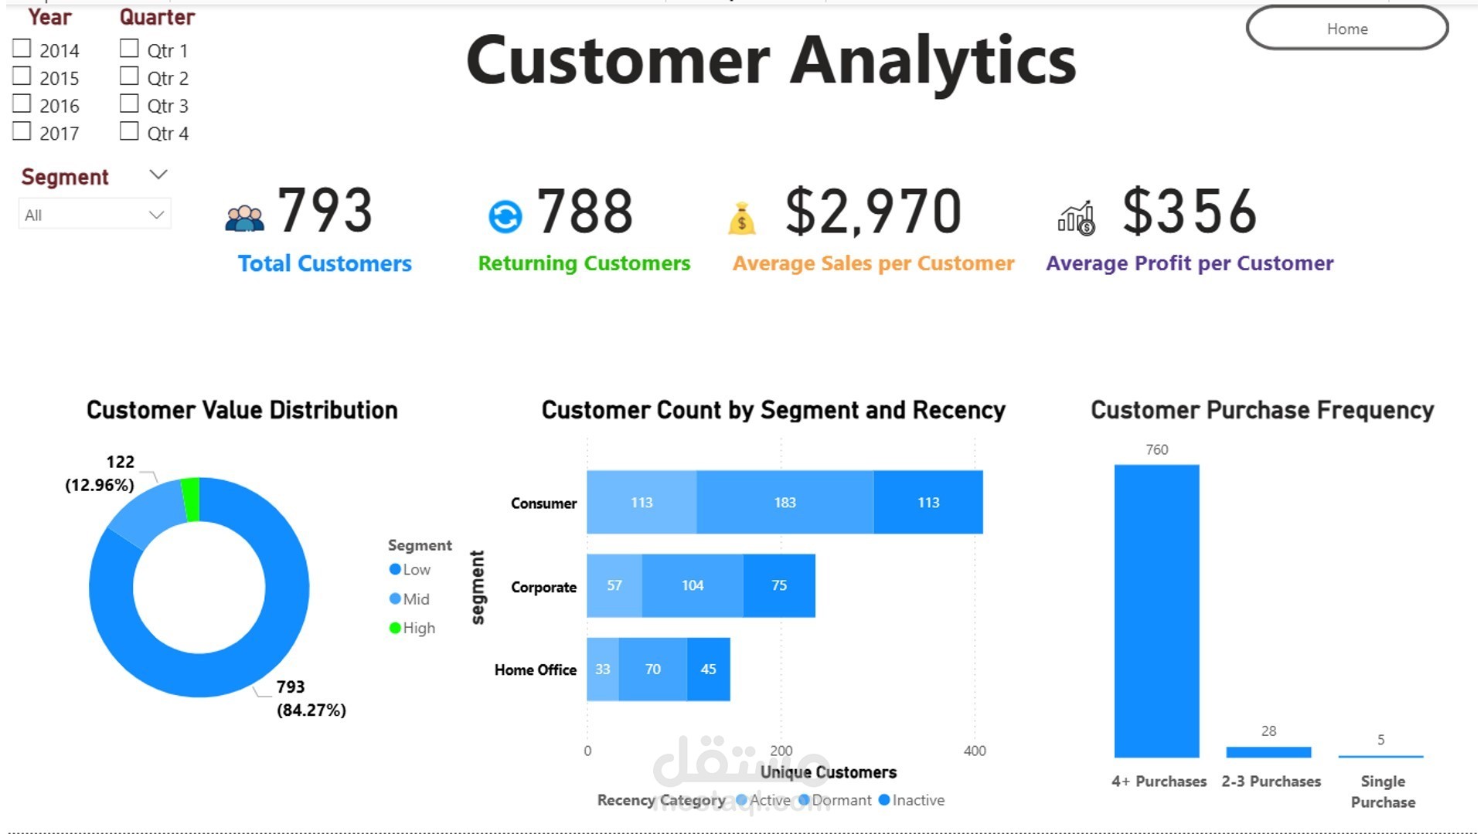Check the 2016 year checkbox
[x=22, y=104]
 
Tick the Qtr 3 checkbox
[x=129, y=104]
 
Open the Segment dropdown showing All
[x=94, y=215]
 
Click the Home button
[x=1346, y=29]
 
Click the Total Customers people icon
[x=244, y=219]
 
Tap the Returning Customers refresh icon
[x=505, y=216]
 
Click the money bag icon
[x=741, y=219]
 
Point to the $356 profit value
[x=1190, y=212]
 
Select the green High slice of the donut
[x=191, y=499]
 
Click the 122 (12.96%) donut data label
[x=100, y=473]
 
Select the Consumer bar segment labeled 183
[x=785, y=503]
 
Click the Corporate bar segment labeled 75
[x=778, y=585]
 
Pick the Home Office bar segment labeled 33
[x=602, y=670]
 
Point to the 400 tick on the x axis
[x=975, y=751]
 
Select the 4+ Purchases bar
[x=1156, y=610]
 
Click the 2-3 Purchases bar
[x=1268, y=752]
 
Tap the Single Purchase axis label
[x=1383, y=792]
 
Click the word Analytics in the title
[x=933, y=61]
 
